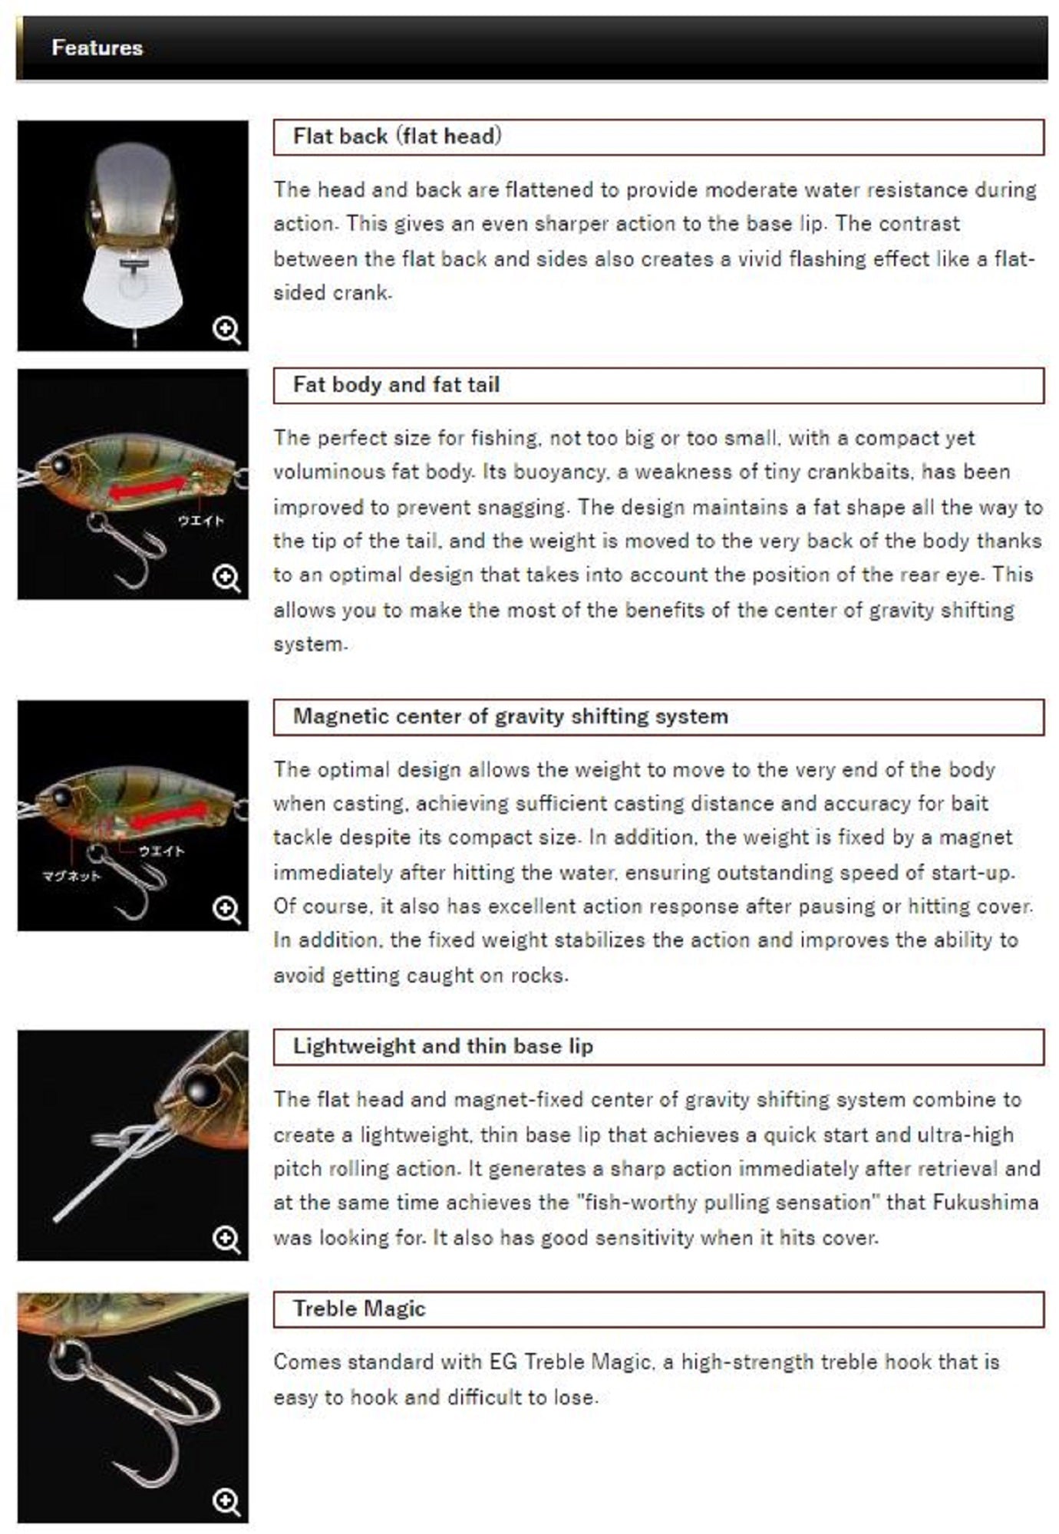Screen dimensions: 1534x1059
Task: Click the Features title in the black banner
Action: click(97, 48)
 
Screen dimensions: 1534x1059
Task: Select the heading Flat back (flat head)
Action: click(397, 137)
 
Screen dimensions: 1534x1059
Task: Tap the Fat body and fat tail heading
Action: click(396, 384)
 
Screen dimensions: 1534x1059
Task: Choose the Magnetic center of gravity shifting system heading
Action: click(510, 716)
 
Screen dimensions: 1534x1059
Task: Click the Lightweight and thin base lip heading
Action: click(443, 1046)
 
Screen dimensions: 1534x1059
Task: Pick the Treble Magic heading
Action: click(359, 1309)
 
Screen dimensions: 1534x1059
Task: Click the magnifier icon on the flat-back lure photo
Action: click(226, 331)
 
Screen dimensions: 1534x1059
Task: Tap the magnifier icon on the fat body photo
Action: click(226, 578)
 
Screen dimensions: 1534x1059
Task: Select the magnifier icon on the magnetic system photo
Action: click(226, 910)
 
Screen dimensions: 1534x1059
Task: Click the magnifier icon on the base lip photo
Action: click(226, 1239)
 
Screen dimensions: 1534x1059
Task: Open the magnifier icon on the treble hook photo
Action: click(226, 1502)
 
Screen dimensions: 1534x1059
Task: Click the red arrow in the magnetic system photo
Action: click(169, 817)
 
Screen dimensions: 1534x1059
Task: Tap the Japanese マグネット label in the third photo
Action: click(71, 876)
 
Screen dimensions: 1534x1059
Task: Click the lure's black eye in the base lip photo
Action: click(200, 1088)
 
